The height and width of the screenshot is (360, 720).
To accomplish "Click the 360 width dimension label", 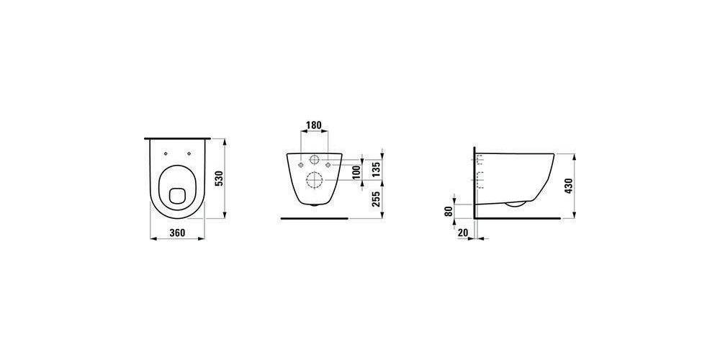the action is point(177,233).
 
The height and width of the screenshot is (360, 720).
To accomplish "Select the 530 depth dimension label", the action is point(219,178).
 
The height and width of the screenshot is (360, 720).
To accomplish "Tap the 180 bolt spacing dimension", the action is point(314,125).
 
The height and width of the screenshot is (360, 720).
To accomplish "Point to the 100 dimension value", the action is point(356,171).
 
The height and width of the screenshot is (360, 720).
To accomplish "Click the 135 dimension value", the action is point(377,168).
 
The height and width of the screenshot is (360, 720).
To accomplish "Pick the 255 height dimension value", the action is point(377,199).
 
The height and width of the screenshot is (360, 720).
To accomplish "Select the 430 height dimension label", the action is point(569,186).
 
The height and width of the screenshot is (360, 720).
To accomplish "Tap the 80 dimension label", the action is point(449,211).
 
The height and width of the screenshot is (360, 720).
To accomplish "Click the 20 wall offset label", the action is point(463,233).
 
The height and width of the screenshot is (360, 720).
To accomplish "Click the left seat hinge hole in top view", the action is point(166,153).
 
